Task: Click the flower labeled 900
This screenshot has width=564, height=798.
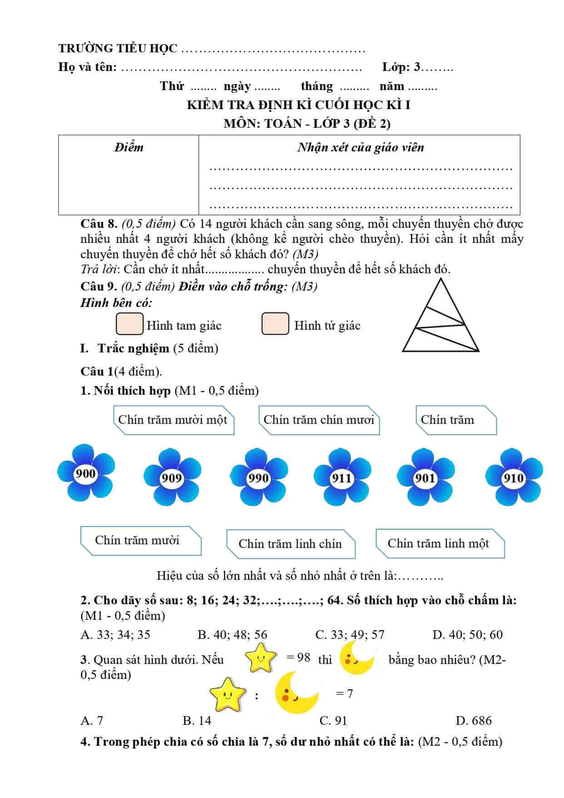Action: (x=85, y=473)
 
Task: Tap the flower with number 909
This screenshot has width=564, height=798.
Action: (x=172, y=477)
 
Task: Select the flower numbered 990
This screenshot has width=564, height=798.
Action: (x=258, y=477)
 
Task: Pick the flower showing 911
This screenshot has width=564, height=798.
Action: (x=342, y=477)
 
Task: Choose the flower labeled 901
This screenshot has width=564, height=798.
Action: (x=425, y=477)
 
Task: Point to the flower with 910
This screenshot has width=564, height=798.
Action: (x=514, y=477)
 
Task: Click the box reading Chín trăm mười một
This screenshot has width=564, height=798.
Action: (x=173, y=420)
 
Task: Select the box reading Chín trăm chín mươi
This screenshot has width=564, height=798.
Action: (x=319, y=420)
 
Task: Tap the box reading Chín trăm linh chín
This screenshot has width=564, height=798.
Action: (x=290, y=544)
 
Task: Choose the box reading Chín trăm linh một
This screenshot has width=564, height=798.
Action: (x=439, y=543)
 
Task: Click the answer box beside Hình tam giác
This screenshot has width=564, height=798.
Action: (x=130, y=324)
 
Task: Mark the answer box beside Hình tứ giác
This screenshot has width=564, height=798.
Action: (x=275, y=324)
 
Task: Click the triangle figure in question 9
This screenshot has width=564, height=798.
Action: (x=440, y=318)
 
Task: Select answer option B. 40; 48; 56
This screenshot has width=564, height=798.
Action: (x=232, y=634)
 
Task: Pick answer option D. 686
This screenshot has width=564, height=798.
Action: (x=474, y=720)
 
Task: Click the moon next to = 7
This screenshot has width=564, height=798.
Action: (x=296, y=693)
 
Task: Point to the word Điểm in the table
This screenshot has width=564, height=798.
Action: (x=129, y=147)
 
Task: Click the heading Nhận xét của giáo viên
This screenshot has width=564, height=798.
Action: (x=360, y=147)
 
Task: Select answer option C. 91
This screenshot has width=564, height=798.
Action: (x=333, y=720)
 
